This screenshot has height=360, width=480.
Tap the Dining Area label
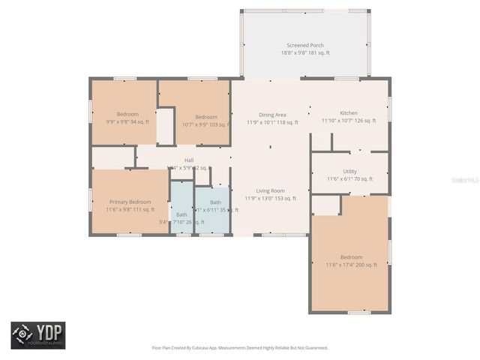click(272, 114)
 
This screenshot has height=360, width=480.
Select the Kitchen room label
click(348, 112)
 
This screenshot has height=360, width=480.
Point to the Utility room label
click(349, 172)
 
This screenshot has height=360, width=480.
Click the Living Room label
click(270, 190)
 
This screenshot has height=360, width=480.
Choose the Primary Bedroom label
click(130, 202)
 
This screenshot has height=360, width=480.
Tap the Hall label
click(189, 160)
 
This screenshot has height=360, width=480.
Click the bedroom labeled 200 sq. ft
click(350, 257)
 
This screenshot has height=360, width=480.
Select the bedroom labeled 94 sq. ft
click(122, 114)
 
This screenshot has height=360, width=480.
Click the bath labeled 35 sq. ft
click(215, 202)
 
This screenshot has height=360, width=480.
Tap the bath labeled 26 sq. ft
click(181, 214)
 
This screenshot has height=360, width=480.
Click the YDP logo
click(37, 335)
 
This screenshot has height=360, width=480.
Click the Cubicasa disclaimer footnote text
click(239, 348)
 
